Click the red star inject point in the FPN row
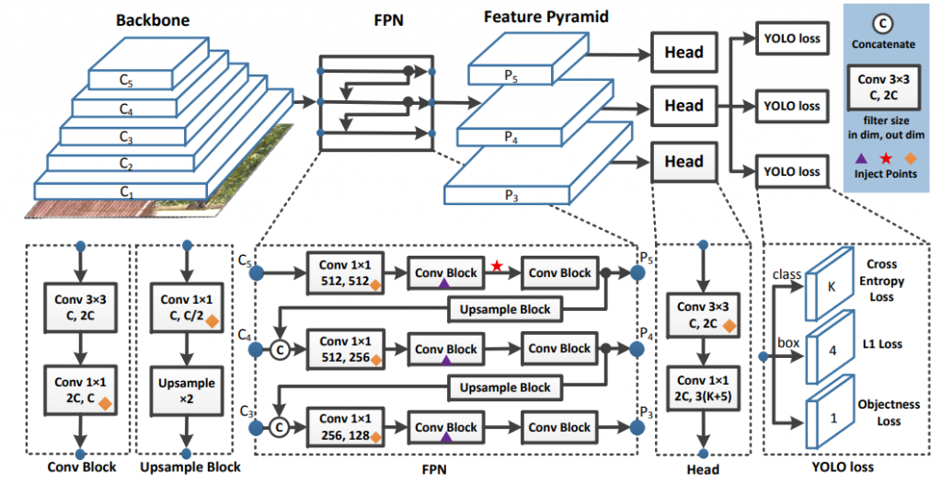[x=498, y=266]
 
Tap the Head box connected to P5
[x=684, y=52]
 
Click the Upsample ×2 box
[x=187, y=389]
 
